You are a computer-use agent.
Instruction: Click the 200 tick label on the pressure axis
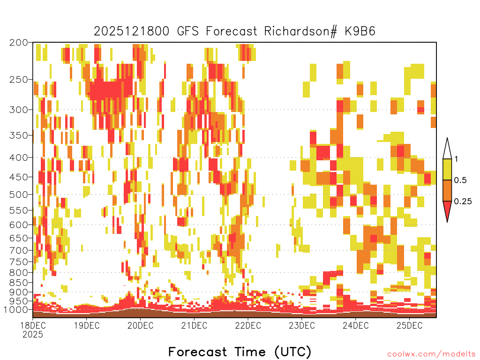pyautogui.click(x=18, y=43)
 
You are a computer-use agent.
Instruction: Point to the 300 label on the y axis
pyautogui.click(x=18, y=110)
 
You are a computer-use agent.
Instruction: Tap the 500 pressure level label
pyautogui.click(x=18, y=195)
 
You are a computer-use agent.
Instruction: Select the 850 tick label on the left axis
pyautogui.click(x=18, y=283)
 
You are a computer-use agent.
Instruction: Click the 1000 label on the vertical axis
pyautogui.click(x=16, y=310)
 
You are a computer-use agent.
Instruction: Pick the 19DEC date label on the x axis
pyautogui.click(x=87, y=325)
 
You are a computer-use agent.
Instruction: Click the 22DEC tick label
pyautogui.click(x=248, y=325)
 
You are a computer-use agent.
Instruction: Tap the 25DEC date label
pyautogui.click(x=410, y=325)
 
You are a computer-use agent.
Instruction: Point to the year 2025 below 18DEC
pyautogui.click(x=33, y=335)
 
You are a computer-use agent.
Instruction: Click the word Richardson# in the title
pyautogui.click(x=300, y=31)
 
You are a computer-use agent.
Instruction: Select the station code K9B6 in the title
pyautogui.click(x=360, y=31)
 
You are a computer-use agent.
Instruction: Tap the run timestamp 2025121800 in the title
pyautogui.click(x=131, y=31)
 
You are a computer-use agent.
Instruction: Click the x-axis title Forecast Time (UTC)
pyautogui.click(x=240, y=352)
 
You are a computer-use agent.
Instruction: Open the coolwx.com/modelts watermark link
pyautogui.click(x=432, y=354)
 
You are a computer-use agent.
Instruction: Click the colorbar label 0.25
pyautogui.click(x=463, y=201)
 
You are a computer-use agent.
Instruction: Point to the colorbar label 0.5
pyautogui.click(x=460, y=180)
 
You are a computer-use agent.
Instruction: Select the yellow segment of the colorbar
pyautogui.click(x=447, y=169)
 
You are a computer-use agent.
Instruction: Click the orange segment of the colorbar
pyautogui.click(x=447, y=190)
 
